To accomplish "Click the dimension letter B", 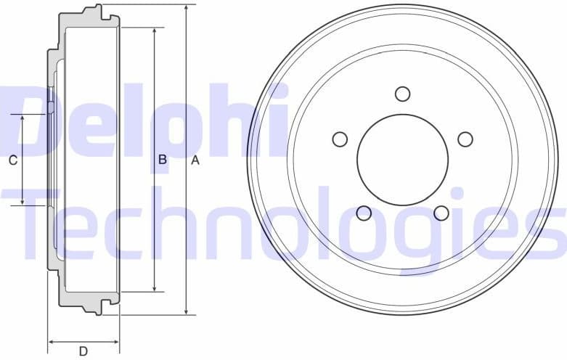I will coord(163,160).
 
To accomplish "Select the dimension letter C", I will coord(12,160).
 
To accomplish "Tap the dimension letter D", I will coord(83,351).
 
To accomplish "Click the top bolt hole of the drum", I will coord(403,94).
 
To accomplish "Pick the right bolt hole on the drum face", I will coord(465,139).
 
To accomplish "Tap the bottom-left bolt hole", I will coord(364,213).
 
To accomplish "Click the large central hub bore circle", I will coord(403,160).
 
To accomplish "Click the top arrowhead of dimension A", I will coord(187,7).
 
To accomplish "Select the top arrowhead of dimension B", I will coord(154,31).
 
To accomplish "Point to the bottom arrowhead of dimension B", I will coord(154,288).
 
